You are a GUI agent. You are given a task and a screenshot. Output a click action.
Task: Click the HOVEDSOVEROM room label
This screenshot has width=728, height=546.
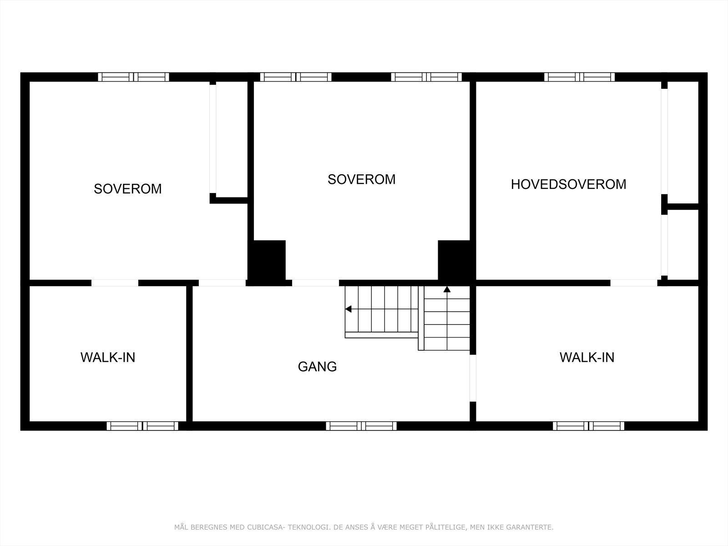pyautogui.click(x=568, y=184)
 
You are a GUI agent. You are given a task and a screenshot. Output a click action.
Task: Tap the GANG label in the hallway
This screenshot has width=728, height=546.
pyautogui.click(x=317, y=366)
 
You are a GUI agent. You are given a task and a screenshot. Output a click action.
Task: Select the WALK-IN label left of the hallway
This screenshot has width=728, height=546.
pyautogui.click(x=108, y=358)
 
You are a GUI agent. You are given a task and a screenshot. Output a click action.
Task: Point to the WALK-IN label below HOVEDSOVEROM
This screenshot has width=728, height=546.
pyautogui.click(x=586, y=358)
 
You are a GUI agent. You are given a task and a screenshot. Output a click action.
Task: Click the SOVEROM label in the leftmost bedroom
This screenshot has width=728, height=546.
pyautogui.click(x=127, y=189)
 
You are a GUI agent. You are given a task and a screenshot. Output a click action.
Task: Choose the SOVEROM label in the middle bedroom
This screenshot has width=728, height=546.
pyautogui.click(x=361, y=179)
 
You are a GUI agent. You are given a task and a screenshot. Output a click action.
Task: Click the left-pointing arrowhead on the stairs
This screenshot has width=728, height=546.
pyautogui.click(x=349, y=309)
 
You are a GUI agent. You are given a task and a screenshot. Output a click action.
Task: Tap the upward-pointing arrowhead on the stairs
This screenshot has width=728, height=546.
pyautogui.click(x=447, y=289)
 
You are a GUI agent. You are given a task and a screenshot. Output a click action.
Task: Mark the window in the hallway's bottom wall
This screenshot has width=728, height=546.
pyautogui.click(x=361, y=426)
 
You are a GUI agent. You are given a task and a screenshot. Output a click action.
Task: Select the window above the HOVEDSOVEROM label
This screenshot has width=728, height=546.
pyautogui.click(x=579, y=77)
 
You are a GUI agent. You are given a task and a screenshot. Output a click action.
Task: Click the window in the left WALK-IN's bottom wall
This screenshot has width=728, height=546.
pyautogui.click(x=142, y=426)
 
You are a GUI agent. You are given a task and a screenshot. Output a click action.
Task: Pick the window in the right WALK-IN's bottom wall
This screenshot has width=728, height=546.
pyautogui.click(x=588, y=426)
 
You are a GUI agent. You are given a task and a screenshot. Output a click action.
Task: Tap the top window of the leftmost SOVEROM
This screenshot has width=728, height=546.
pyautogui.click(x=133, y=77)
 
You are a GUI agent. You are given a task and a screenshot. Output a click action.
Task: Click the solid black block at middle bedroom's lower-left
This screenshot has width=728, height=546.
pyautogui.click(x=268, y=260)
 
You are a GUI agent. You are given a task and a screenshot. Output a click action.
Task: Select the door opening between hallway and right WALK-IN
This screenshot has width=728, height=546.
pyautogui.click(x=473, y=378)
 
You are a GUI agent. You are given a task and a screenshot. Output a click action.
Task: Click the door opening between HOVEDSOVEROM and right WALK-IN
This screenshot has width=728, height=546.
pyautogui.click(x=633, y=283)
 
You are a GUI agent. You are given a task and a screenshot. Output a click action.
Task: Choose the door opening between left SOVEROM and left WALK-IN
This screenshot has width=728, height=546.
pyautogui.click(x=115, y=283)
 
